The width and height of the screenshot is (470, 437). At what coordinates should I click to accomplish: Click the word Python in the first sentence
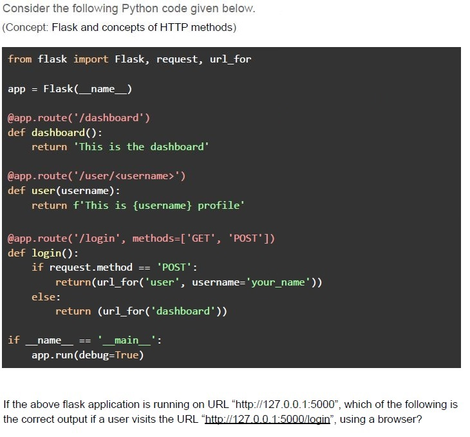(140, 9)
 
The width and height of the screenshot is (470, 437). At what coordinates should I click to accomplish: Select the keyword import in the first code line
(91, 59)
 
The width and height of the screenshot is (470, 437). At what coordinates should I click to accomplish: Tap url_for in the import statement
(230, 59)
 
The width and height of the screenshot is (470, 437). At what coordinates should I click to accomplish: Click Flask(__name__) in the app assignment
(88, 89)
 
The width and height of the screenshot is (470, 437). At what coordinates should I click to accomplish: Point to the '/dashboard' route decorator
(79, 118)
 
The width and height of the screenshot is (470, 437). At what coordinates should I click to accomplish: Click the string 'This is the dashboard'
(141, 147)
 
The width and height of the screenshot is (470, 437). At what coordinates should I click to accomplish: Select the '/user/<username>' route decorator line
(97, 176)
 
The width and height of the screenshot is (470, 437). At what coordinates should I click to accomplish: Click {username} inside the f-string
(162, 206)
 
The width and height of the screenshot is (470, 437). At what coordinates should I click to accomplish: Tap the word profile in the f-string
(219, 206)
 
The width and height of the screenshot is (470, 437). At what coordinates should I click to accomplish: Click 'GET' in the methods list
(200, 238)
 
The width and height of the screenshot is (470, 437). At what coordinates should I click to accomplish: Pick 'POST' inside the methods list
(245, 238)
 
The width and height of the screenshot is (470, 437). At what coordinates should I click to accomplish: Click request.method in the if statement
(91, 267)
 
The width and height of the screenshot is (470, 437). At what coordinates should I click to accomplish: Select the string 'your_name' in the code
(278, 282)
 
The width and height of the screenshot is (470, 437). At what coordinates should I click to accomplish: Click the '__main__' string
(126, 340)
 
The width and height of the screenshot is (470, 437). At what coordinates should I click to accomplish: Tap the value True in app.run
(126, 355)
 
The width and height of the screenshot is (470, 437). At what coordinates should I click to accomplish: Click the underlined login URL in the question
(268, 419)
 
